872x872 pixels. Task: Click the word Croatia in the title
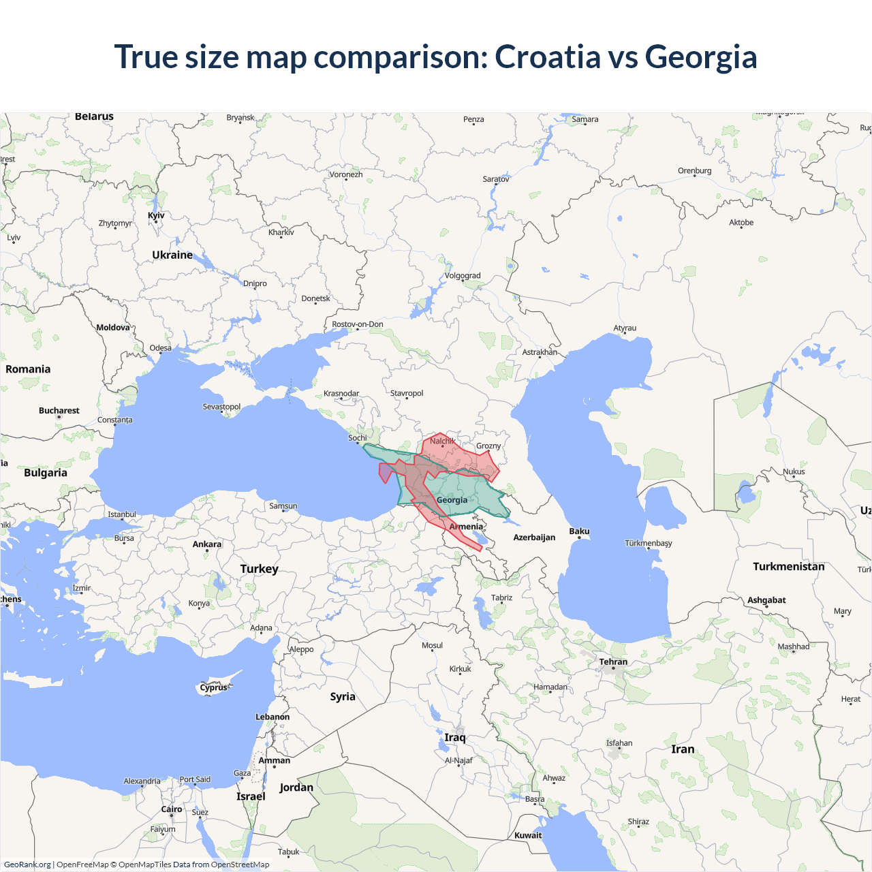pos(547,57)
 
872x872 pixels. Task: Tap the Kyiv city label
pos(156,215)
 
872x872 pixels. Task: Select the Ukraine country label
pos(172,255)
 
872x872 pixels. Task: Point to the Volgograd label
pos(463,276)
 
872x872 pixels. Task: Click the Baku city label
pos(579,531)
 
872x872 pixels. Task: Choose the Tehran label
pos(613,661)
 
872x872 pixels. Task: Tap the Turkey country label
pos(259,569)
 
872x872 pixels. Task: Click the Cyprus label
pos(213,687)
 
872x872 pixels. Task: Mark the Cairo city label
pos(172,809)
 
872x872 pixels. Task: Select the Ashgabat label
pos(766,600)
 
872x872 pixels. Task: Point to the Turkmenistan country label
pos(788,567)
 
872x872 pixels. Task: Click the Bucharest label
pos(59,411)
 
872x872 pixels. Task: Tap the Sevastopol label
pos(221,407)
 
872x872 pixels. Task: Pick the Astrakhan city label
pos(540,352)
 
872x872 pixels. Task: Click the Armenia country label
pos(466,527)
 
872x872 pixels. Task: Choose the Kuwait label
pos(528,835)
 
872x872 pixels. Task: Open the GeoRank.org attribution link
pos(27,865)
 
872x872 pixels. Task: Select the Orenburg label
pos(694,171)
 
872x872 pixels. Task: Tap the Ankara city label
pos(207,544)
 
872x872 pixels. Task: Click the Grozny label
pos(488,446)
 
